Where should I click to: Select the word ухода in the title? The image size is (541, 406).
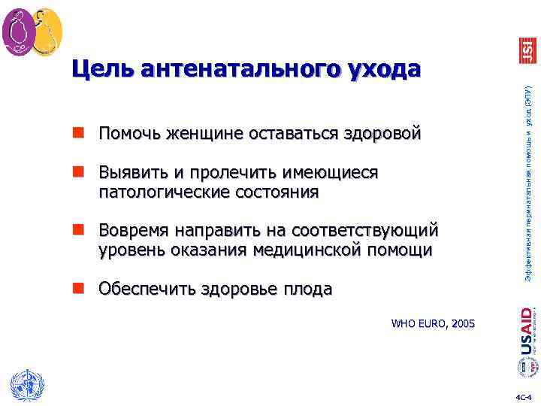click(385, 70)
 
